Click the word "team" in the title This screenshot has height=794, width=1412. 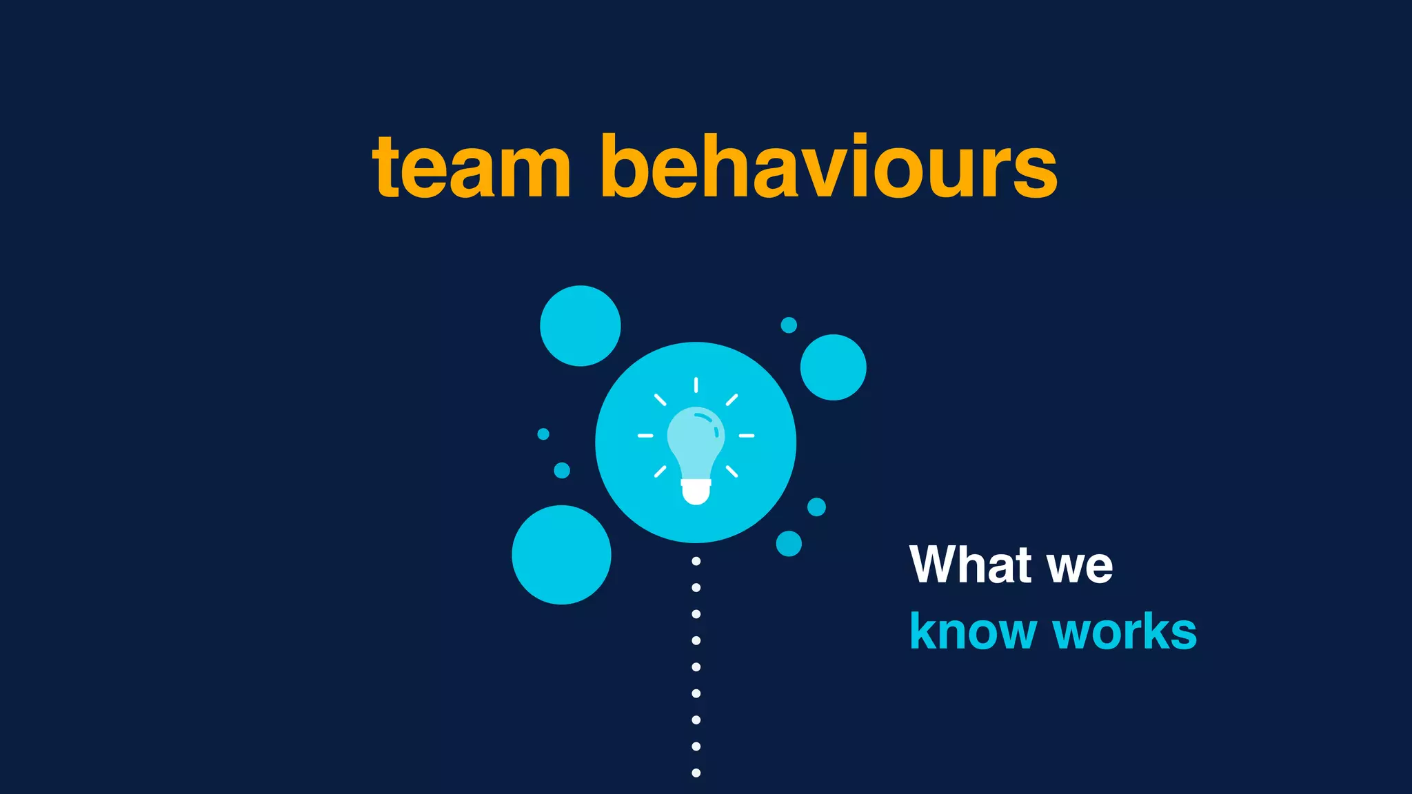[x=472, y=168]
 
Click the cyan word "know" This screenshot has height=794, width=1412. [x=973, y=631]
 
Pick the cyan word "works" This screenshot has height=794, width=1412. [x=1125, y=631]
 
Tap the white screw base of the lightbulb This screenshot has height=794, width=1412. [x=696, y=491]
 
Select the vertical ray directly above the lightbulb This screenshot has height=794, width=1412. [x=696, y=385]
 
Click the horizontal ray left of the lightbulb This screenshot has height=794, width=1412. [x=645, y=436]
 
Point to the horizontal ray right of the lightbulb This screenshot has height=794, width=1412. [x=747, y=436]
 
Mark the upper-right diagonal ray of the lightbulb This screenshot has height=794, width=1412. [x=732, y=400]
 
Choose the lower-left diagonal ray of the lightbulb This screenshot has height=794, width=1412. [x=660, y=471]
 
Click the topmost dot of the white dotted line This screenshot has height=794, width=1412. [x=696, y=561]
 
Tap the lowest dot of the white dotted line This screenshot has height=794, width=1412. [x=696, y=773]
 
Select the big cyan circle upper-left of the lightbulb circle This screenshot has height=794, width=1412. [x=580, y=325]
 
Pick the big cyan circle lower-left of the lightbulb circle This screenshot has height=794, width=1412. [x=561, y=555]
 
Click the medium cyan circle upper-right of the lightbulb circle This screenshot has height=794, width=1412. [x=833, y=367]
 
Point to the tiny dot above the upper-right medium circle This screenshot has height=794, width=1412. [x=789, y=325]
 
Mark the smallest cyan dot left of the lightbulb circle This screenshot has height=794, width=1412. [x=543, y=434]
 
